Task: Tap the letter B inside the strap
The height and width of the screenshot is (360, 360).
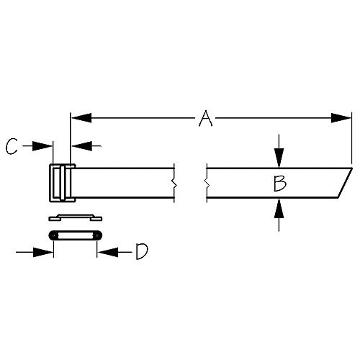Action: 279,184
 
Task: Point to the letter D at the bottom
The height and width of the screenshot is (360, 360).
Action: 142,251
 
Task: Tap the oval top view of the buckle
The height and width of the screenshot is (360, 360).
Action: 74,235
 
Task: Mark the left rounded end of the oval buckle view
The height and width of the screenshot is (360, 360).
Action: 53,235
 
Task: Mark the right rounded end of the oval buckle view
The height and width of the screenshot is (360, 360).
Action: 96,235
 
